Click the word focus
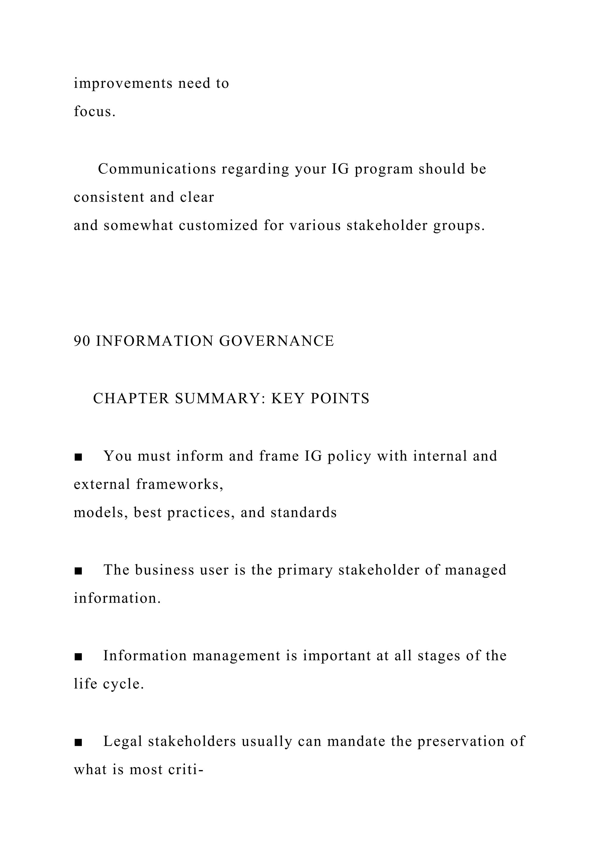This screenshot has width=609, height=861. pos(95,111)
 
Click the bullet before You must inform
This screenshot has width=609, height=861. pos(79,457)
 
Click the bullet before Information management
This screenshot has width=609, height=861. pos(79,657)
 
